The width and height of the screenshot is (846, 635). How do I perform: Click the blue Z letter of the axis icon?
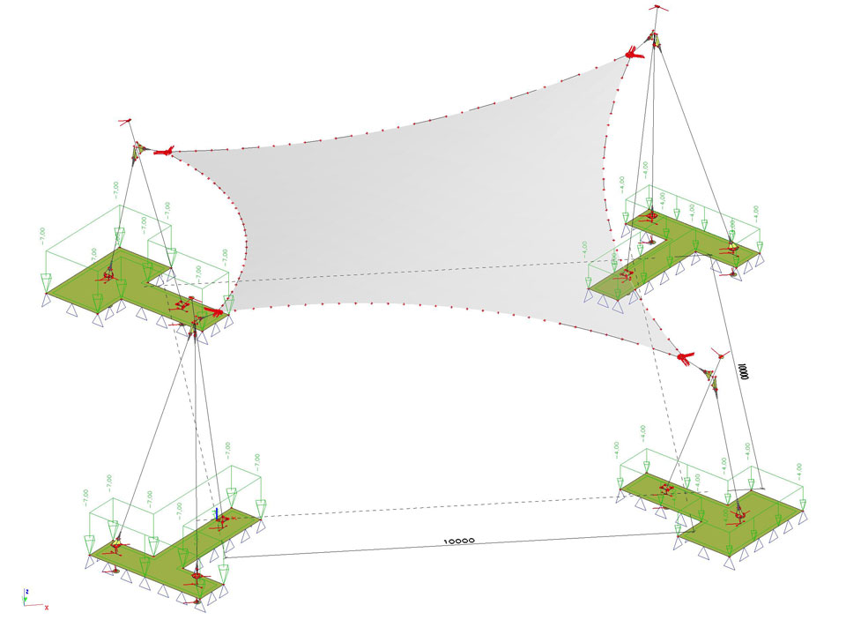[x=27, y=592]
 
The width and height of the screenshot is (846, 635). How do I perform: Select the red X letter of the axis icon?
[x=46, y=607]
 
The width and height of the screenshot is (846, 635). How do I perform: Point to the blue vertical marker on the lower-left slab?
[x=216, y=513]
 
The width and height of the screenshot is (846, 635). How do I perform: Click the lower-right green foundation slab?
[x=714, y=512]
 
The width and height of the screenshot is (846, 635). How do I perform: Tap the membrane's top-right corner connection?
[x=633, y=54]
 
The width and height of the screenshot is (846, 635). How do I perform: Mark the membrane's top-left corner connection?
[x=163, y=152]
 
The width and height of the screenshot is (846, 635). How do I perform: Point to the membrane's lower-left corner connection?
[x=216, y=311]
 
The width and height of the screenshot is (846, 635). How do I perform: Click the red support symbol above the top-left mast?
[x=126, y=122]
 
